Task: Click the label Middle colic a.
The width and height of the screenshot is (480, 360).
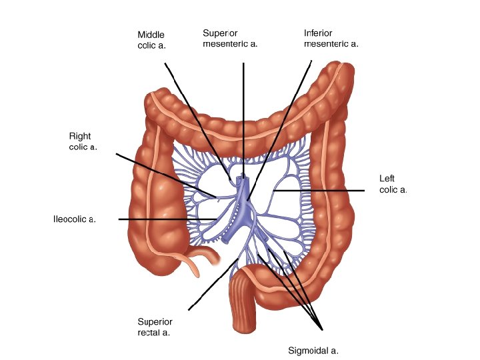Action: point(151,40)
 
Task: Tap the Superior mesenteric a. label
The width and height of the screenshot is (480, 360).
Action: point(229,39)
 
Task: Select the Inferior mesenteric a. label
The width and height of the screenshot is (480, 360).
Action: point(331,39)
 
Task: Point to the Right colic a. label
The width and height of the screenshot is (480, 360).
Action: point(83,141)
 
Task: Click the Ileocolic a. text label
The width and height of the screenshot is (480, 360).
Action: point(75,219)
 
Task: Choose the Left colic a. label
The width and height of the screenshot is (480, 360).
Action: point(393,184)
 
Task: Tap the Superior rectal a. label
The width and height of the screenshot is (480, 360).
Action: point(154,326)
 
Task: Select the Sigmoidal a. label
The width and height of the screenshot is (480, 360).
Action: point(313,350)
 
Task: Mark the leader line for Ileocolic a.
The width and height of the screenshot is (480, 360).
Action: point(160,219)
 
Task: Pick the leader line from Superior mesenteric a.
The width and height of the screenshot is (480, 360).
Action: point(243,113)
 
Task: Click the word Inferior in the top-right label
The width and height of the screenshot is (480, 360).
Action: point(318,33)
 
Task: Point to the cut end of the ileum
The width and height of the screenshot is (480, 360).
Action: point(215,255)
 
